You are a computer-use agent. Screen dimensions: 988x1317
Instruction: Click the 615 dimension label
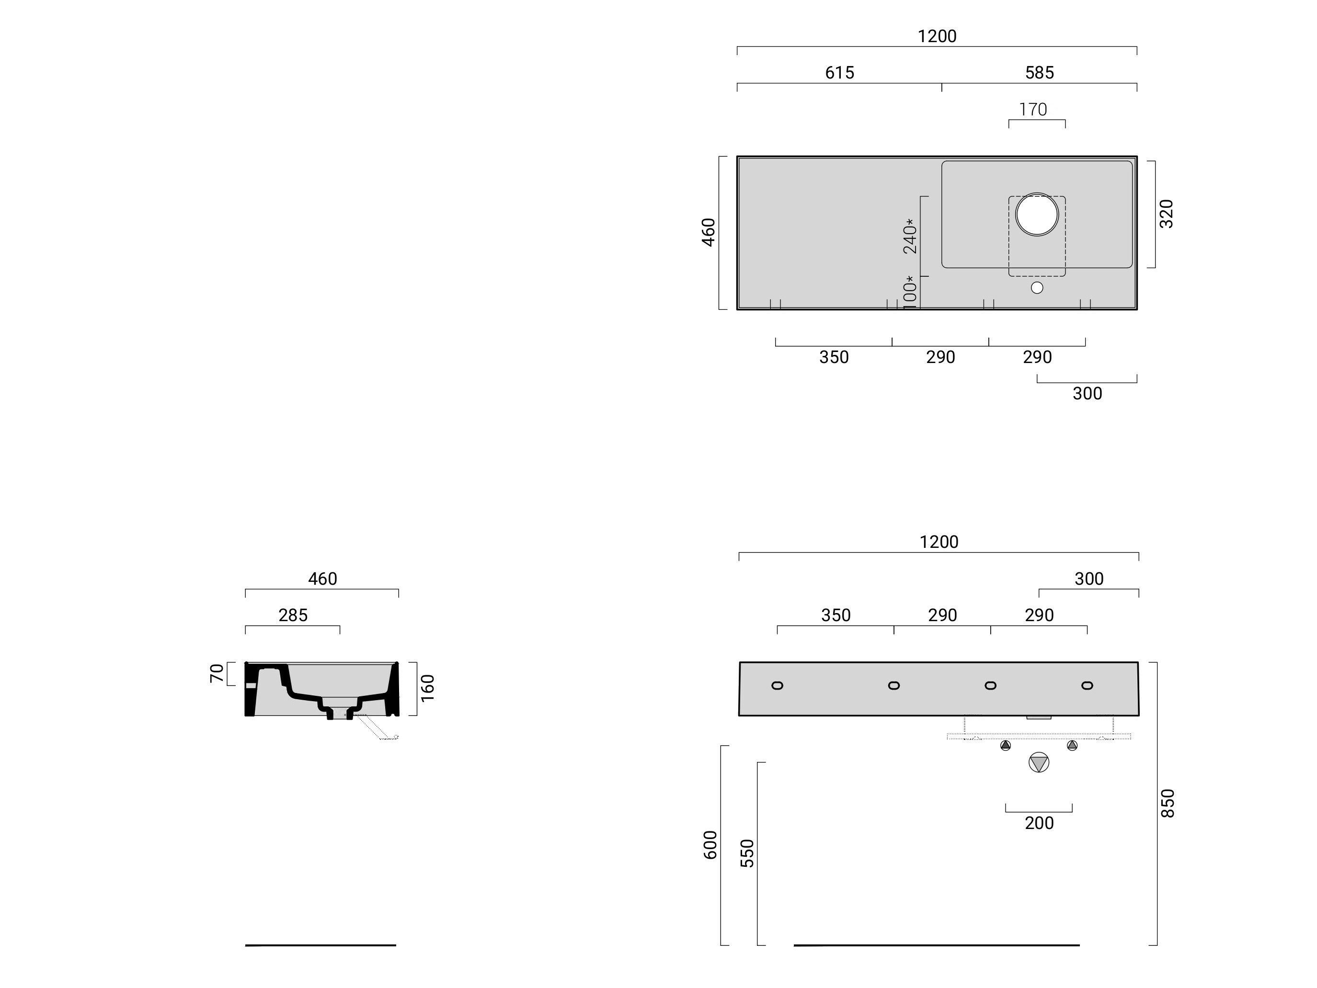839,73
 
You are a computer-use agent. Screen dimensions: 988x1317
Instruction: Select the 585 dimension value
1039,73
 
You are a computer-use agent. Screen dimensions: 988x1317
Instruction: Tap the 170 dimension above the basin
1032,110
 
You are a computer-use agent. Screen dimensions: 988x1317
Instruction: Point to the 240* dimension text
910,236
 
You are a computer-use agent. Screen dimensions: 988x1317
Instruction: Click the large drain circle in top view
1037,214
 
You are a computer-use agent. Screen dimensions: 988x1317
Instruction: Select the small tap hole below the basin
1037,287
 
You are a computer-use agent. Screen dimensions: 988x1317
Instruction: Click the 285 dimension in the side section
293,615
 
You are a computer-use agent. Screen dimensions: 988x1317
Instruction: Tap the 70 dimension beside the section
217,673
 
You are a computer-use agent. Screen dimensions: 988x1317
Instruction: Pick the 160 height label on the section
427,688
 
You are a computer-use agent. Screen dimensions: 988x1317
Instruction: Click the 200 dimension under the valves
1039,823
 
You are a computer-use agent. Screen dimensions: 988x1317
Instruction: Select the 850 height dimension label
1168,803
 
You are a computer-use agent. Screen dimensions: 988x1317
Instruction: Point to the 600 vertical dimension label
710,844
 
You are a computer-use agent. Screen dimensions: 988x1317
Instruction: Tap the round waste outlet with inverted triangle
1038,762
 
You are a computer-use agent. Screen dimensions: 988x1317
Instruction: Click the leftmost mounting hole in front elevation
777,685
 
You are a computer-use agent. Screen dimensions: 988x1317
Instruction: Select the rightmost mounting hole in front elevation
1087,685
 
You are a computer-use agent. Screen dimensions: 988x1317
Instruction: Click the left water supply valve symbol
1006,745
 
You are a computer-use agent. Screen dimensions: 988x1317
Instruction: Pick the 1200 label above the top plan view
937,36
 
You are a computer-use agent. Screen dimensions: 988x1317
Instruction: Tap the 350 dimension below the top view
834,357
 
